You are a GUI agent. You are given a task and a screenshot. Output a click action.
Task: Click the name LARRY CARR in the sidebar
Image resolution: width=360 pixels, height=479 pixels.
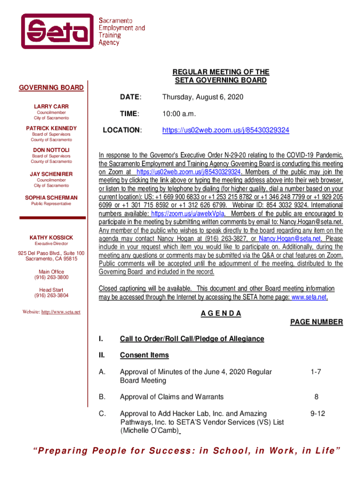tap(51, 107)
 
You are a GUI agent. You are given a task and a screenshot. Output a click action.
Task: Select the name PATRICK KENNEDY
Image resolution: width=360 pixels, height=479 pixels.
tap(51, 128)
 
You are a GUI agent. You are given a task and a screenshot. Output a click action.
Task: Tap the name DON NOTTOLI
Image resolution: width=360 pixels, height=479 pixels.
tap(51, 150)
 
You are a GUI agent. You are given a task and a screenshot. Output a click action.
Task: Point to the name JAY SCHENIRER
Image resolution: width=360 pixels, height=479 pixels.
tap(51, 174)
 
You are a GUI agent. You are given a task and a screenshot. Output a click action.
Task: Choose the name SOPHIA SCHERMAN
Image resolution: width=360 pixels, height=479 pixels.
tap(51, 198)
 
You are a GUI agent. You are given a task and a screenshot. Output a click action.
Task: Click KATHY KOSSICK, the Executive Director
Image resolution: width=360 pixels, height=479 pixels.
tap(51, 238)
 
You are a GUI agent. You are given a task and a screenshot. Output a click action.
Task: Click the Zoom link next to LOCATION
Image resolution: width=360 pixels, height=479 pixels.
tap(225, 130)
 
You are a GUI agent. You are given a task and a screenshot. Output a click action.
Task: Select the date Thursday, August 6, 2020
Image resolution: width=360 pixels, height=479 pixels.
tap(202, 97)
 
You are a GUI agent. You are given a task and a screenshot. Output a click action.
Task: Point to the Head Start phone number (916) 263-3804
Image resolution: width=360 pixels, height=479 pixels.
tap(51, 296)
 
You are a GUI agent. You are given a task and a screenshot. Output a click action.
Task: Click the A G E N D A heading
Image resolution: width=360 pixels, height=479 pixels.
tap(221, 313)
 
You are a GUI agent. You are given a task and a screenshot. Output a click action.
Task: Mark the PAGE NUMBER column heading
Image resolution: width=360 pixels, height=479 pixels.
tap(317, 322)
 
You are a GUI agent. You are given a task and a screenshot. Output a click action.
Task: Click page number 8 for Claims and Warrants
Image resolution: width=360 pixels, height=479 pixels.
tap(317, 397)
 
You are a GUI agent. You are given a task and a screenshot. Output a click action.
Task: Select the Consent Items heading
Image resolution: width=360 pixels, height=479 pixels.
tap(144, 355)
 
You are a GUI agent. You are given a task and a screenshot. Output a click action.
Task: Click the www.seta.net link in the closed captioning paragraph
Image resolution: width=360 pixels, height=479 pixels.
tap(309, 297)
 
